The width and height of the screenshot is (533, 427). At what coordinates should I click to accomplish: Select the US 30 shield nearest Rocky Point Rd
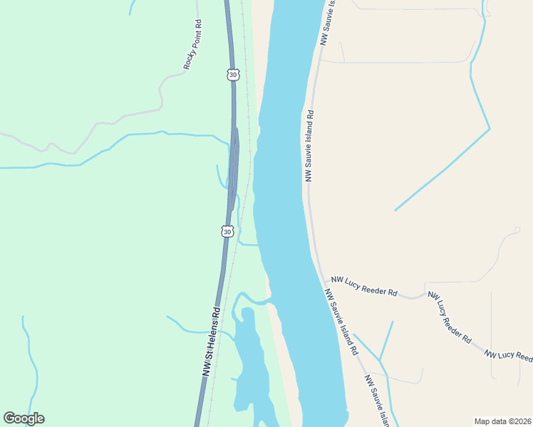(232, 74)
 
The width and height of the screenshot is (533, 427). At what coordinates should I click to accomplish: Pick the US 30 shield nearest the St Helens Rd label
(227, 231)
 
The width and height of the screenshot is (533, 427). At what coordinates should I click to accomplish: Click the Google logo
(24, 418)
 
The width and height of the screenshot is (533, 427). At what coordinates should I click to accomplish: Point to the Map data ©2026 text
(502, 421)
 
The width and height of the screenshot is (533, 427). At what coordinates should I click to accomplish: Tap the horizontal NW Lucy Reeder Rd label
(363, 287)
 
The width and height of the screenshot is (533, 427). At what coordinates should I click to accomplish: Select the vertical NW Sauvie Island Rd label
(310, 145)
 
